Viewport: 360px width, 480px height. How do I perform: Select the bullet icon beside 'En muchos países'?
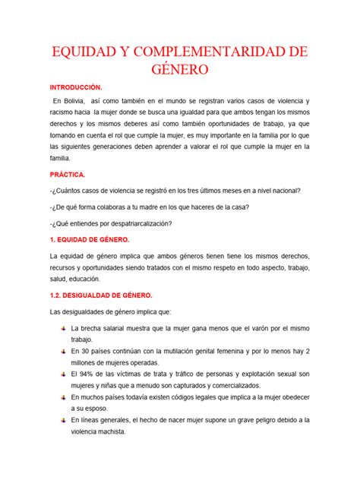coord(61,397)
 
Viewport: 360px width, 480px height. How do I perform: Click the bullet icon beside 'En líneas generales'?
coord(61,420)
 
